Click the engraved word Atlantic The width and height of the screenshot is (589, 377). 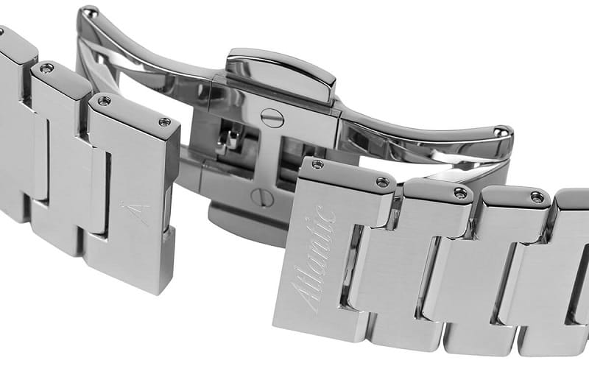tap(314, 260)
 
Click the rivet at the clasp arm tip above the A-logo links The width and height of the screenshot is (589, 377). tap(90, 13)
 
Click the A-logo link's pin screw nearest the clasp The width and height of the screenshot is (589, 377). tap(164, 121)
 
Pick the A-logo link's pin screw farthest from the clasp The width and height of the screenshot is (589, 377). tap(103, 100)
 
